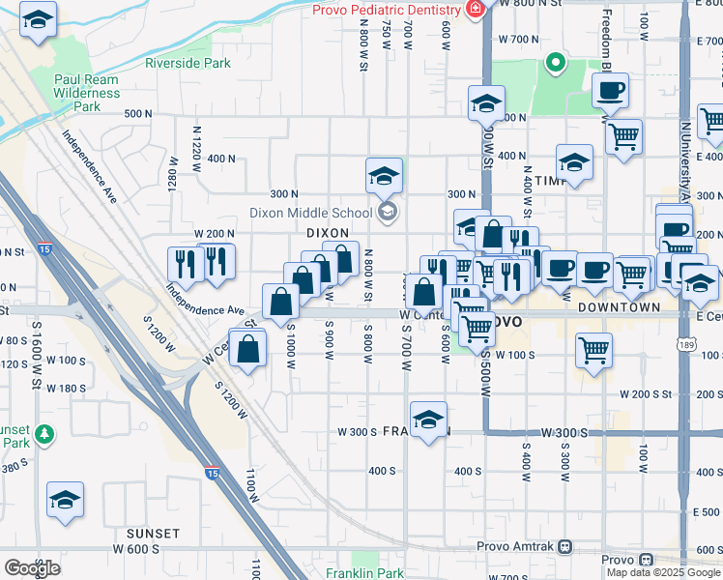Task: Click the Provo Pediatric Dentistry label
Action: [385, 10]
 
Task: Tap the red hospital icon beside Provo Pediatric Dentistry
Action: [475, 10]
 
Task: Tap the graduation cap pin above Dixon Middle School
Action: [384, 177]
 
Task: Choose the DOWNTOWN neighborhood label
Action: [619, 306]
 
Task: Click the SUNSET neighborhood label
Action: [153, 533]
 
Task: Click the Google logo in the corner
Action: [32, 568]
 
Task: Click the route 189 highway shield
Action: [686, 343]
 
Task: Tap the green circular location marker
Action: [556, 64]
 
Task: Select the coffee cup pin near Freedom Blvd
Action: [610, 92]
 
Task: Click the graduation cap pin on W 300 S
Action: [428, 420]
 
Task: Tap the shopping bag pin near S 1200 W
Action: [248, 349]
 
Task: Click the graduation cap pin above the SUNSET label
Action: [66, 500]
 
